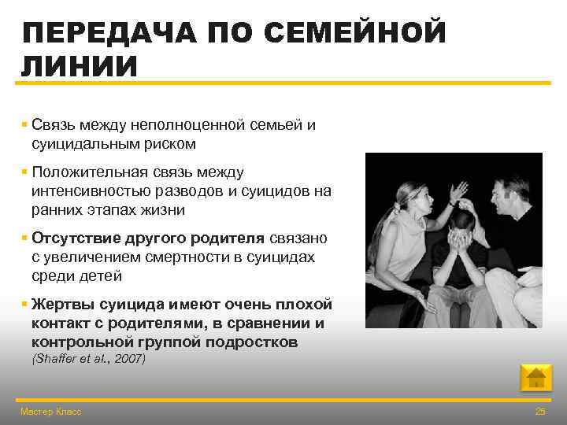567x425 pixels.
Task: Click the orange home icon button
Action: (x=536, y=379)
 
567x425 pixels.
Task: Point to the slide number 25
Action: (x=540, y=412)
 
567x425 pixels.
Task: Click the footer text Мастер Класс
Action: (x=50, y=412)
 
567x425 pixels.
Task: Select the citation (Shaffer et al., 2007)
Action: (x=88, y=359)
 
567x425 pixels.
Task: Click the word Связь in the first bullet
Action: (x=54, y=126)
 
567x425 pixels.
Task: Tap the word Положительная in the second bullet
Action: (x=83, y=172)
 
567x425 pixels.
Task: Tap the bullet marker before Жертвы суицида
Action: (x=25, y=305)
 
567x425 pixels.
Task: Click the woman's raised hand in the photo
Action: (x=458, y=191)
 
